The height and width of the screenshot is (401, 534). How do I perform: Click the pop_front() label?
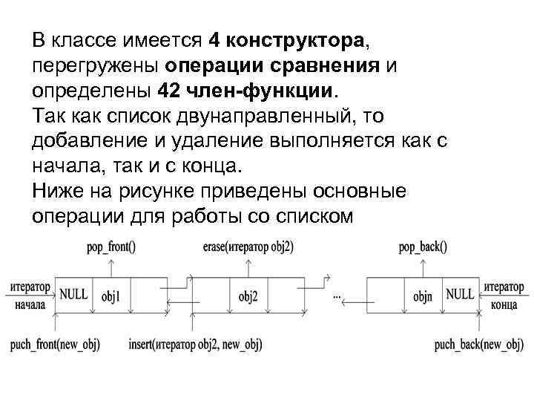pyautogui.click(x=111, y=247)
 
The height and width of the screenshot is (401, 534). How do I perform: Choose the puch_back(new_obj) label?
pyautogui.click(x=479, y=345)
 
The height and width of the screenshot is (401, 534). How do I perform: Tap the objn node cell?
pyautogui.click(x=423, y=297)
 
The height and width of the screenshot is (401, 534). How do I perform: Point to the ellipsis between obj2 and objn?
pyautogui.click(x=337, y=297)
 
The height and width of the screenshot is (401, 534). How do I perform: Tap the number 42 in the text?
pyautogui.click(x=169, y=90)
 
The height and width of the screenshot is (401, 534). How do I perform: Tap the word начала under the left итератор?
pyautogui.click(x=29, y=305)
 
